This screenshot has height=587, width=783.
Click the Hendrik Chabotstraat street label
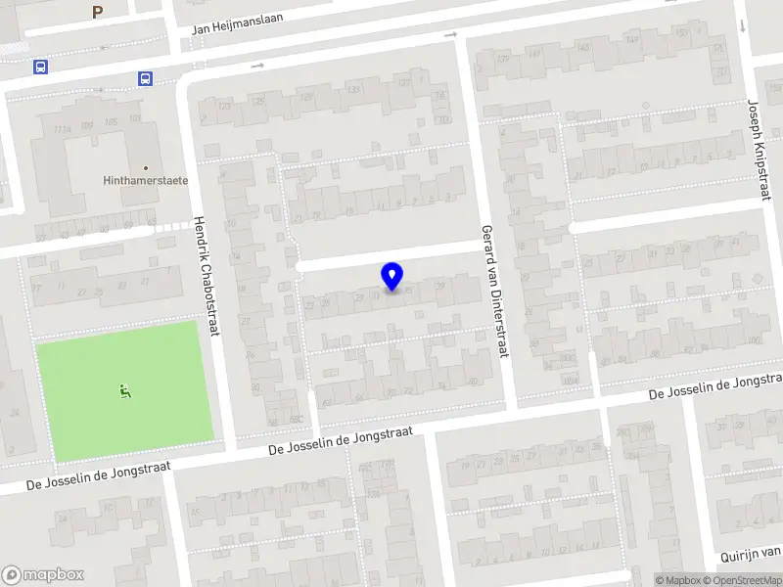click(206, 276)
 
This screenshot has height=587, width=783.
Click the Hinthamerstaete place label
click(145, 181)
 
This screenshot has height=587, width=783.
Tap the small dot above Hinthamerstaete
click(146, 167)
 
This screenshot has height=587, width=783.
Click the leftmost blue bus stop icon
click(40, 68)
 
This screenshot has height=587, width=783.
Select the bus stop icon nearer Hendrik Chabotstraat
click(145, 79)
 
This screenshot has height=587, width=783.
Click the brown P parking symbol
click(96, 13)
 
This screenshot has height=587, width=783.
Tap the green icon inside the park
click(125, 391)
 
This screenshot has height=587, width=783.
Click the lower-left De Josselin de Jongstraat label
click(98, 475)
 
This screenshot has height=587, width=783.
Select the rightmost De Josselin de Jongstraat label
click(716, 385)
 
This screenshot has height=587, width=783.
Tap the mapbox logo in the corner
click(43, 574)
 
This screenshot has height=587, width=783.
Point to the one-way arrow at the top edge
click(451, 36)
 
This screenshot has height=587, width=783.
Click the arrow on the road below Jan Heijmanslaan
click(257, 66)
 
